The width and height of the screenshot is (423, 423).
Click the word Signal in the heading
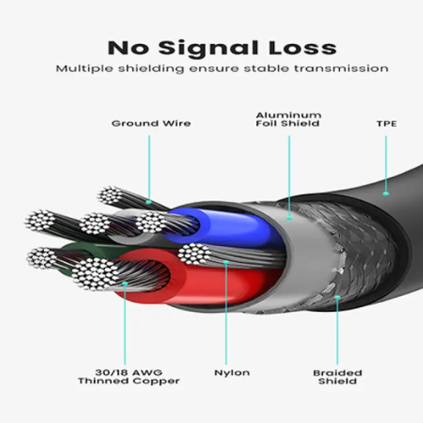[x=208, y=49]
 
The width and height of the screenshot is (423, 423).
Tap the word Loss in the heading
[x=303, y=48]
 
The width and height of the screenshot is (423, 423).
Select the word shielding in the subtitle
[x=151, y=69]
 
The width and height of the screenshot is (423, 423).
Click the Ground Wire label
[x=151, y=124]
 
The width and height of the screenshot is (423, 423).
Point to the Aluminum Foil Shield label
[x=288, y=119]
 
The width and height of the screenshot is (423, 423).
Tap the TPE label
[x=387, y=124]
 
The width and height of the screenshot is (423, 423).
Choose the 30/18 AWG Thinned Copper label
[x=129, y=376]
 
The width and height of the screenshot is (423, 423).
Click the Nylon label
[x=232, y=373]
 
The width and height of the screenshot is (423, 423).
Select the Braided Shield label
[x=338, y=377]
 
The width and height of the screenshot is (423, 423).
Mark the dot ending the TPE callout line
[x=386, y=194]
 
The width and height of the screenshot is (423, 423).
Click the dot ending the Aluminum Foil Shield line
[x=289, y=217]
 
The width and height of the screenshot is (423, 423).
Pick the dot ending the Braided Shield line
[x=338, y=297]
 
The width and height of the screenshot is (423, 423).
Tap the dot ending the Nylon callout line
[x=226, y=262]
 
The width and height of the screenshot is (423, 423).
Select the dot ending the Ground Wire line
[x=149, y=202]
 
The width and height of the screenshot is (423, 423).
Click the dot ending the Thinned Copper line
[x=125, y=283]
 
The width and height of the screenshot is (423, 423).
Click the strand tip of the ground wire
[x=110, y=195]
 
